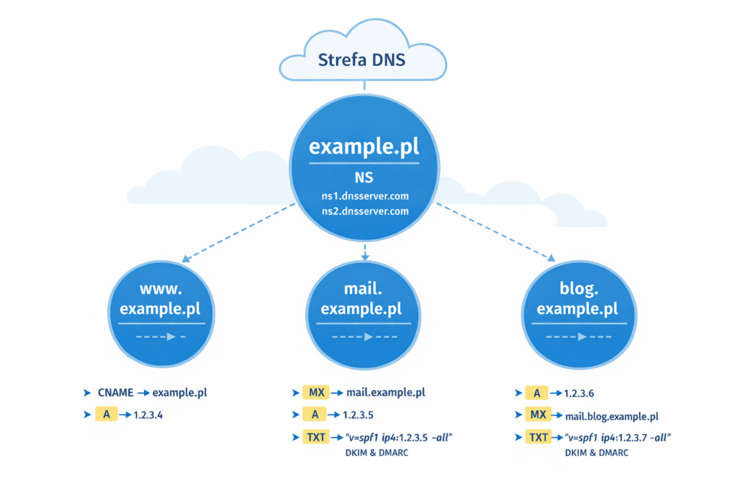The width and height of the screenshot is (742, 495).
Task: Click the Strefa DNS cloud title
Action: (x=362, y=59)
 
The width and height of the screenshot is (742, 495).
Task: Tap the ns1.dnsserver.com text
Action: (x=364, y=196)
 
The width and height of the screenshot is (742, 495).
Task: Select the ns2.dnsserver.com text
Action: (x=364, y=212)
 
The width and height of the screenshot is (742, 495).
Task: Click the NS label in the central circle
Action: (x=364, y=178)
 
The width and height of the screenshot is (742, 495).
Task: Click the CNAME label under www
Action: (x=115, y=393)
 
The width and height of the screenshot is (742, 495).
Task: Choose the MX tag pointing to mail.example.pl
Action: (x=316, y=393)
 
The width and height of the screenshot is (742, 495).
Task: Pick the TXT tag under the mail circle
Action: (x=316, y=438)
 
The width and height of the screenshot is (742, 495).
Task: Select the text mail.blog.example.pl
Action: (x=612, y=416)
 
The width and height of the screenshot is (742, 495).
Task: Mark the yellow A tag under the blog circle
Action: (x=536, y=393)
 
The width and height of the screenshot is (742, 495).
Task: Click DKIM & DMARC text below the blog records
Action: (x=596, y=452)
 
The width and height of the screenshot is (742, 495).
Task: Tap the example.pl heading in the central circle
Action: (x=364, y=147)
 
